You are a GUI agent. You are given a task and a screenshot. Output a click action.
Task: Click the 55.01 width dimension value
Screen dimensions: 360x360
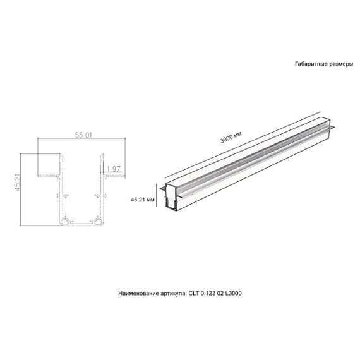(x=83, y=135)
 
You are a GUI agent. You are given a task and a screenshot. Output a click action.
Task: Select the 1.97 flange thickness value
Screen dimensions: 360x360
(x=114, y=168)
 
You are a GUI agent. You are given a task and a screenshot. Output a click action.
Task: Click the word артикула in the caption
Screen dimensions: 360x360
(x=172, y=294)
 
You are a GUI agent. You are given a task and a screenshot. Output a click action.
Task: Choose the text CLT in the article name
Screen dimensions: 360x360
(x=195, y=294)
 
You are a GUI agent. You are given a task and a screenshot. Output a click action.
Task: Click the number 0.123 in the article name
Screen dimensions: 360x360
(x=211, y=294)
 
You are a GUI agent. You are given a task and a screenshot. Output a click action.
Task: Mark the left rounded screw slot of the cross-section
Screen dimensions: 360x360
(x=66, y=221)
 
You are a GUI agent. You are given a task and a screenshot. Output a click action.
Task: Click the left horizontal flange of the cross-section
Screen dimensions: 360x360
(x=49, y=175)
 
